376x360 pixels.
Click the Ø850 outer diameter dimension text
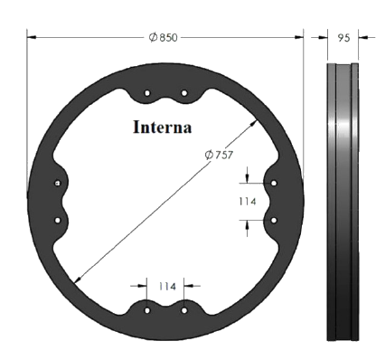[x=164, y=38]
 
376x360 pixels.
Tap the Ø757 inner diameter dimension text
[x=219, y=155]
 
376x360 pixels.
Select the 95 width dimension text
[x=343, y=38]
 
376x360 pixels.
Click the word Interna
[x=163, y=127]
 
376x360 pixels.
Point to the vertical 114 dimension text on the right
[x=248, y=202]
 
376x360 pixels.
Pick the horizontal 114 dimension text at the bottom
[x=167, y=286]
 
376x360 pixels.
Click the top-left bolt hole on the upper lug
[x=147, y=93]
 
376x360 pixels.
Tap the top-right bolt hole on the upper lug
[x=184, y=93]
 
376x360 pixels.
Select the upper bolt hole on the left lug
[x=58, y=183]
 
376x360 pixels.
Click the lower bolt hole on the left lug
[x=58, y=221]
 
